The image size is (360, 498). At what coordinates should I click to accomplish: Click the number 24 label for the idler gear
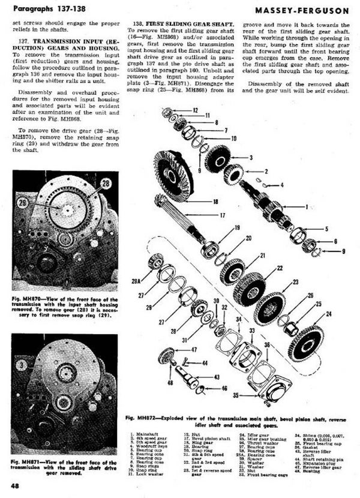pyautogui.click(x=328, y=314)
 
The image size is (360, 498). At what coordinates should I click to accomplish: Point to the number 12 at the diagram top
pyautogui.click(x=196, y=111)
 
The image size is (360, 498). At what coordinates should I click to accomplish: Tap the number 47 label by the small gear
pyautogui.click(x=194, y=350)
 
